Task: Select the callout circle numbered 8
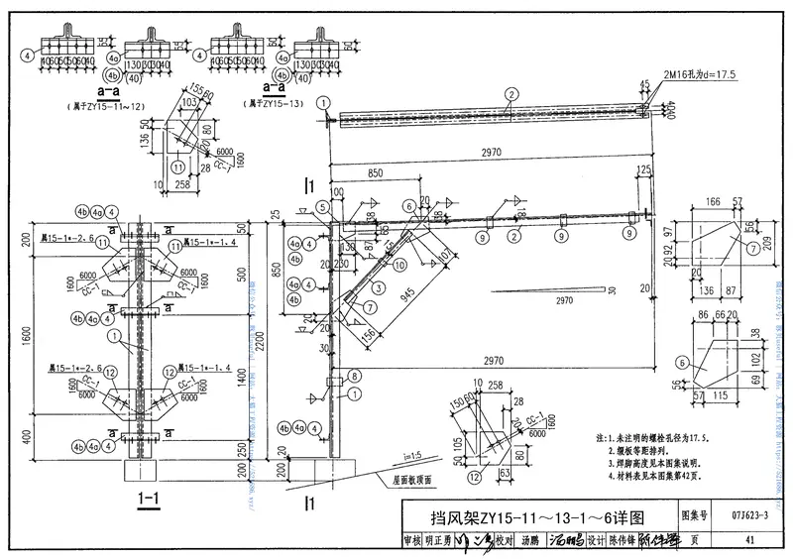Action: tap(356, 376)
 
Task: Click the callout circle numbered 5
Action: tap(321, 208)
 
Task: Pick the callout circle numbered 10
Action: tap(399, 264)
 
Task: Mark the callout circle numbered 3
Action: tap(379, 287)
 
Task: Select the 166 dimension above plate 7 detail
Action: tap(713, 202)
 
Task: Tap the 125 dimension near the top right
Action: tap(646, 170)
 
